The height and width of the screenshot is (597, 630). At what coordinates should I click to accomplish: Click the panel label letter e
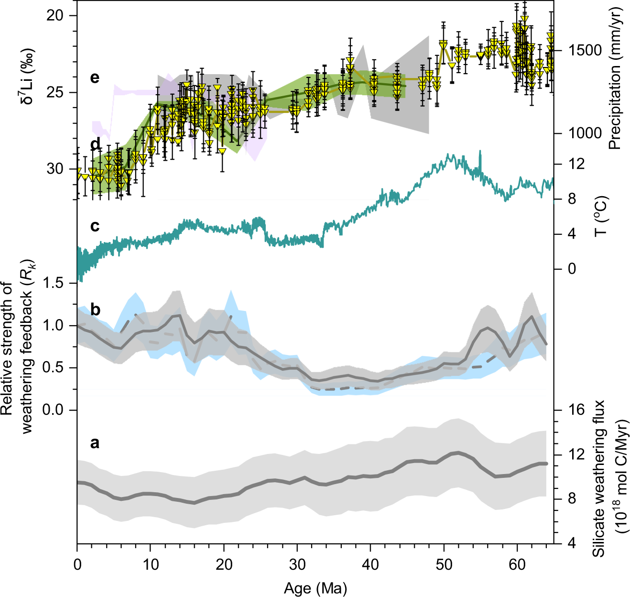coord(95,77)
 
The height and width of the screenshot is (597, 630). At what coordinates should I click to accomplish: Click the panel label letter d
coord(95,143)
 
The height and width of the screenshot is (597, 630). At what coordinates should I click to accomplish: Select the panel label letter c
coord(95,226)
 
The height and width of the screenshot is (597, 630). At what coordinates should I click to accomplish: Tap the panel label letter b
coord(95,310)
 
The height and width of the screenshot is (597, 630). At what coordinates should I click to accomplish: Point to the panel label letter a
coord(95,443)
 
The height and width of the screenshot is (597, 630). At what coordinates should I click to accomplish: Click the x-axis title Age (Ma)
coord(315,588)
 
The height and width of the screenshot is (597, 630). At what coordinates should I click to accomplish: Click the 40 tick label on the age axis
coord(370,564)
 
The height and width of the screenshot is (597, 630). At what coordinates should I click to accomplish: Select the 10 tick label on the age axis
coord(150,564)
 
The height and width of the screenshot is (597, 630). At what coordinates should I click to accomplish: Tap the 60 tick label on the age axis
coord(517,564)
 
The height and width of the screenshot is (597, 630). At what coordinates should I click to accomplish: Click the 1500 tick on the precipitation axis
coord(585,50)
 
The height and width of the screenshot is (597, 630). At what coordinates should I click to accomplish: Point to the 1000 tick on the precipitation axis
coord(585,133)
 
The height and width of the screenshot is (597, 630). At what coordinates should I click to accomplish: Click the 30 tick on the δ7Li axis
coord(56,169)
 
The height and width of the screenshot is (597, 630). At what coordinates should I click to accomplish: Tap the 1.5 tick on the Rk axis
coord(53,283)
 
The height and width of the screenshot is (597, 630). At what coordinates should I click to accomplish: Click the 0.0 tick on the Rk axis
coord(53,410)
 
